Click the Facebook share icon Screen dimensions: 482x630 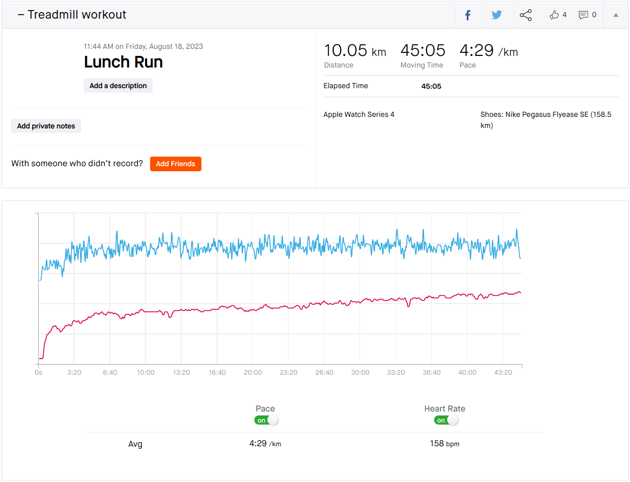click(x=468, y=15)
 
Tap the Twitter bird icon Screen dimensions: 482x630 click(x=497, y=15)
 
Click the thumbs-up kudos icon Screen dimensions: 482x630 click(x=554, y=15)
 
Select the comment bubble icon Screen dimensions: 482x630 click(x=583, y=15)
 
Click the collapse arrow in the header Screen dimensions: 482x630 click(x=615, y=15)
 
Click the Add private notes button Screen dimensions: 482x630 click(x=46, y=126)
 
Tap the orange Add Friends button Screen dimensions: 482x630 click(x=175, y=164)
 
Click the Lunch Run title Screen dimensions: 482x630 click(x=123, y=62)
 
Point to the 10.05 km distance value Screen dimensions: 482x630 click(x=355, y=51)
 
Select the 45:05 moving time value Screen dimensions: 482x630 click(x=423, y=51)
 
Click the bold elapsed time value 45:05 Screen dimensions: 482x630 click(x=431, y=86)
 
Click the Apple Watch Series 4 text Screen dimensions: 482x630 click(x=359, y=114)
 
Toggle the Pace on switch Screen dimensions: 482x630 click(x=266, y=420)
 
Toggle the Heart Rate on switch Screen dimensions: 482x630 click(x=446, y=420)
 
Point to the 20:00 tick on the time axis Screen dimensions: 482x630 click(x=253, y=373)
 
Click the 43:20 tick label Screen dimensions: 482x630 click(x=503, y=373)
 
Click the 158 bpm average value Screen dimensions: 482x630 click(x=444, y=444)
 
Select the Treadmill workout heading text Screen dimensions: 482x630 click(x=77, y=15)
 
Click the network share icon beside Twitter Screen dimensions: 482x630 click(x=525, y=15)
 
